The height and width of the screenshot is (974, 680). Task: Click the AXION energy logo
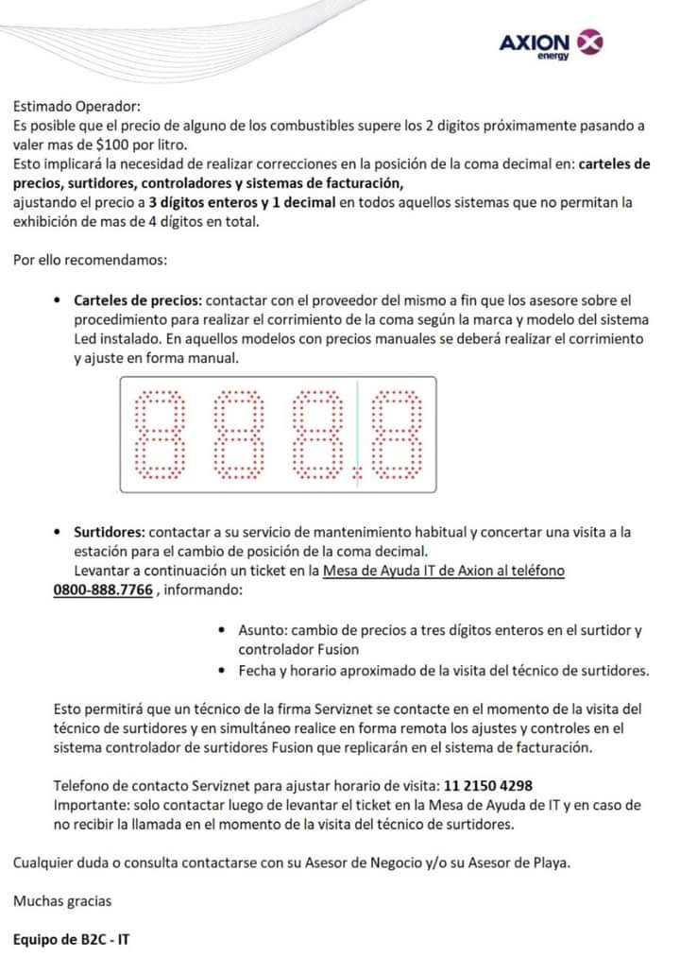[551, 44]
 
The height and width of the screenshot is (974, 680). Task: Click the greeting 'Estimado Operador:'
[76, 107]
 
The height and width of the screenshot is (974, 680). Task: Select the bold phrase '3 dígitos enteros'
[201, 203]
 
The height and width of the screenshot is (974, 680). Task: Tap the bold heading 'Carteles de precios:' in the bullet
[137, 299]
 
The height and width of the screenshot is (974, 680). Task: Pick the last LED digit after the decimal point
[397, 435]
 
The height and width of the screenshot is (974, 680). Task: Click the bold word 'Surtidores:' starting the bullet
[109, 533]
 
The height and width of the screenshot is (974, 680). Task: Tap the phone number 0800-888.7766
[103, 590]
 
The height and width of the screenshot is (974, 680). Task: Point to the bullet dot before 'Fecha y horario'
[220, 672]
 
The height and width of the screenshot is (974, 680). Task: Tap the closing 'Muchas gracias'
[61, 901]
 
